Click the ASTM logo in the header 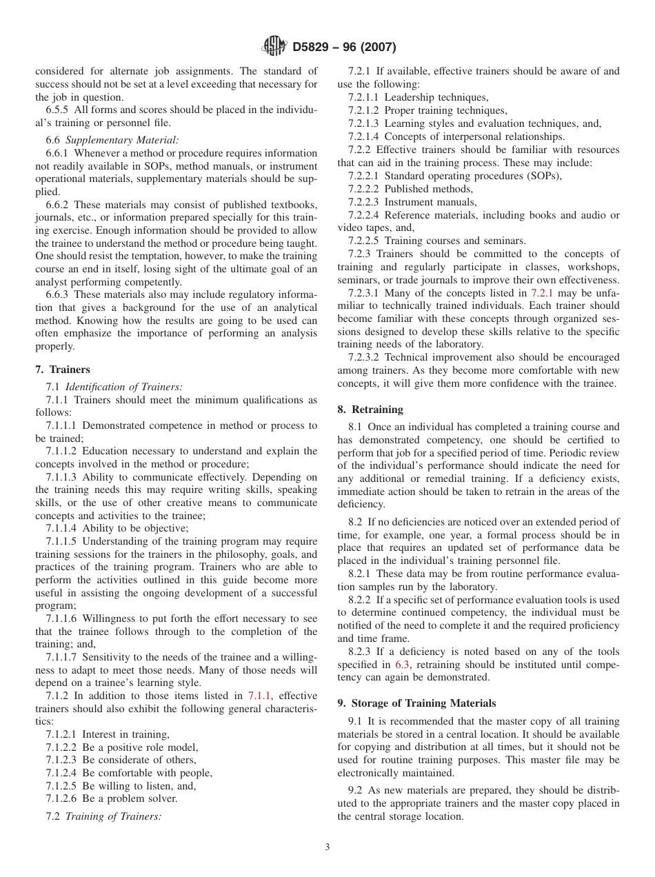(x=274, y=47)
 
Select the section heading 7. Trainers (x=63, y=370)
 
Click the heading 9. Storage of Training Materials (x=416, y=703)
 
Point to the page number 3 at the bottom (x=327, y=847)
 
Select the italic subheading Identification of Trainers (x=123, y=387)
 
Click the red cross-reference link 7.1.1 (x=259, y=696)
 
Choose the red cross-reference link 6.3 (x=402, y=665)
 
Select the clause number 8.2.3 (x=361, y=652)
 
